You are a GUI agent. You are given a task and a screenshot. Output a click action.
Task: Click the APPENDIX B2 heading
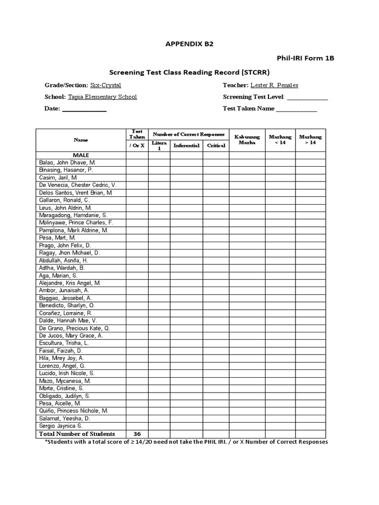(x=189, y=43)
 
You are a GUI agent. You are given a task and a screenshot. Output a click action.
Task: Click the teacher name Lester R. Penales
(x=274, y=85)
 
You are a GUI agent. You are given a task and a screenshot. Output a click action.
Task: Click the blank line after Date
(x=84, y=109)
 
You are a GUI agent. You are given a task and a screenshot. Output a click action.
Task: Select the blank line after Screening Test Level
(x=307, y=97)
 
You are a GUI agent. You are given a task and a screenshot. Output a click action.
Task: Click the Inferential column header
(x=187, y=145)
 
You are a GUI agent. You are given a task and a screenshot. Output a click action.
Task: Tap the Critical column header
(x=216, y=145)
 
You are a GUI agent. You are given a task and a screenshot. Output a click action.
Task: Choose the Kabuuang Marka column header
(x=247, y=140)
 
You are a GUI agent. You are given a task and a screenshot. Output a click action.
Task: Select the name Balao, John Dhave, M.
(x=67, y=162)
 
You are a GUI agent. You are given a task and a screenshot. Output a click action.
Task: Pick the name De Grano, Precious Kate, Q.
(x=75, y=328)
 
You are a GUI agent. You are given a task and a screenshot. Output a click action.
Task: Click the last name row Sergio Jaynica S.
(x=61, y=426)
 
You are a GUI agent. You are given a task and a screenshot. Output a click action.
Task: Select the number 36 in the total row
(x=137, y=433)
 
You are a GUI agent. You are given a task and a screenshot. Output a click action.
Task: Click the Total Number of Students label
(x=77, y=433)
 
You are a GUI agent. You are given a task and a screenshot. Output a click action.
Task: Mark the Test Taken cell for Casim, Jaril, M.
(x=137, y=178)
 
